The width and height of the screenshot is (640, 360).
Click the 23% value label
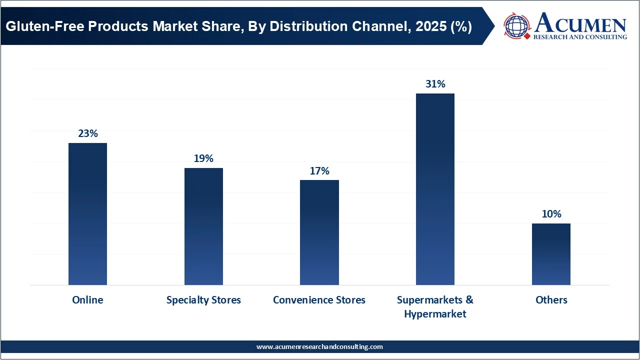87,133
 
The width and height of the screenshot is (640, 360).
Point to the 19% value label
203,158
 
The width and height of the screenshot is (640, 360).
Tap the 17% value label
319,171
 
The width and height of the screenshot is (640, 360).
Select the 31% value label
435,84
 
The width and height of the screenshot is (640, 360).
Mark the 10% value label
551,214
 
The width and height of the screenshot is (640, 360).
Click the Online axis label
87,300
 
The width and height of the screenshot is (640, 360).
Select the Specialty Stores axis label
203,300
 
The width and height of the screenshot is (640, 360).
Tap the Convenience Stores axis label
319,300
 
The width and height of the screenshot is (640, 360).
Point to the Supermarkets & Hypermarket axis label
435,306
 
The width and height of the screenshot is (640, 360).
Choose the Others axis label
551,300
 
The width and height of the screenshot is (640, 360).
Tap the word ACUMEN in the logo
580,23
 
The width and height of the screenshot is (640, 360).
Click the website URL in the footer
319,346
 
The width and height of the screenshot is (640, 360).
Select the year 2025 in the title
432,26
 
